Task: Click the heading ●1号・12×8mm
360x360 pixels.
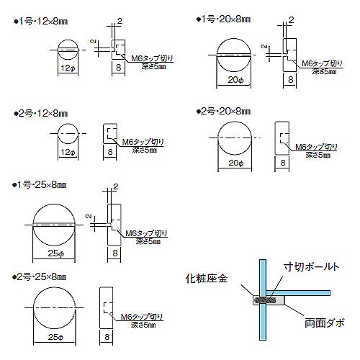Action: (x=40, y=22)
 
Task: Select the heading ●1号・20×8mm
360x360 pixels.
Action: (x=223, y=19)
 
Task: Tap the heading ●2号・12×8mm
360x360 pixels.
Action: (x=40, y=113)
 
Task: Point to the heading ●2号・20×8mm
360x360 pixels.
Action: (x=223, y=112)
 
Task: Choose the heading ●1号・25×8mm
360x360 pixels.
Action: (x=40, y=185)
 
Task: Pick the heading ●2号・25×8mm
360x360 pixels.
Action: (x=40, y=277)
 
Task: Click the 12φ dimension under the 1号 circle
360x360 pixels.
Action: (x=68, y=68)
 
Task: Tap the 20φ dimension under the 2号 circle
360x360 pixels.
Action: (x=236, y=163)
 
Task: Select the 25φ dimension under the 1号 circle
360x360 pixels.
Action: (x=56, y=253)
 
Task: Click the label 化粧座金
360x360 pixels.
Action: (x=207, y=279)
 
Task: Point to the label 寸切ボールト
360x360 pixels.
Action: (x=311, y=266)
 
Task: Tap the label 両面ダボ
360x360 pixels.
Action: (x=325, y=323)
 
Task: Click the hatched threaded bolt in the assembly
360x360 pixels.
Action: (x=266, y=300)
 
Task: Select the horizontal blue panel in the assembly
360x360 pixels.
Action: (x=298, y=293)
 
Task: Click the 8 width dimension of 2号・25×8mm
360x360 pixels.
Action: (x=107, y=337)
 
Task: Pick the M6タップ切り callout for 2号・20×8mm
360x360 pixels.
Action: (x=316, y=147)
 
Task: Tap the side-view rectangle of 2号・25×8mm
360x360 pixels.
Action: (x=106, y=307)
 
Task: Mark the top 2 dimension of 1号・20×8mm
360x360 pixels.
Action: (x=291, y=20)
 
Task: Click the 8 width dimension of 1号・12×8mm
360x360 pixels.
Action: (x=118, y=68)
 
